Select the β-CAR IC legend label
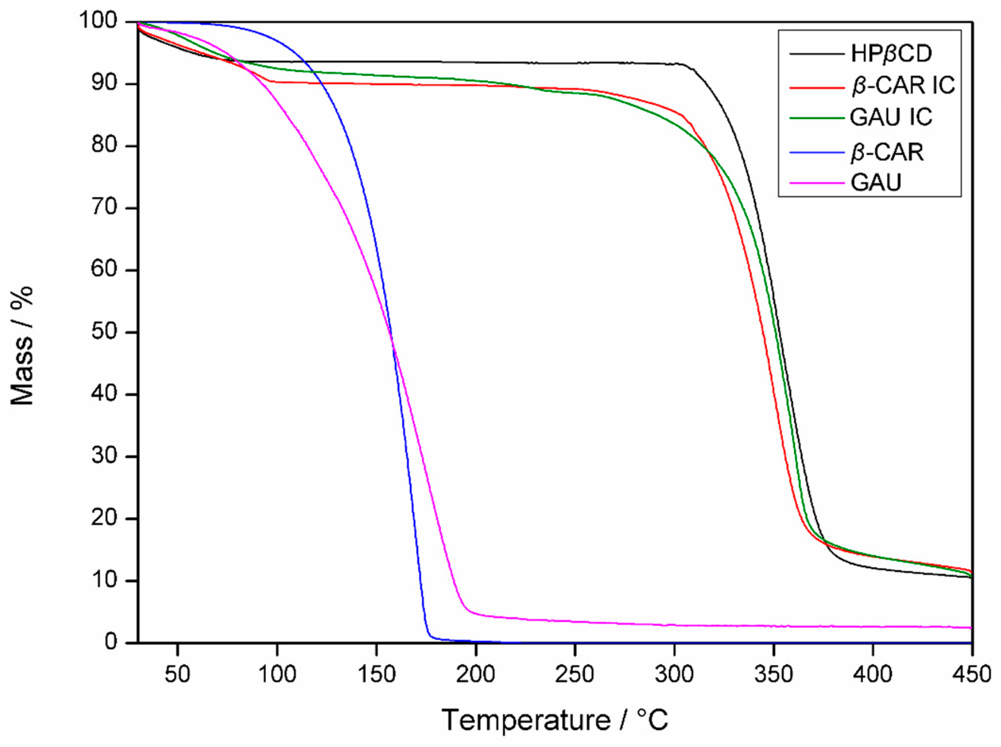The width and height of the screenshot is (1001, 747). [x=902, y=85]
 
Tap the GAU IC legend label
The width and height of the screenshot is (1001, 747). [x=891, y=117]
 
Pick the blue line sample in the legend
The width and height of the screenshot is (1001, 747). [x=816, y=152]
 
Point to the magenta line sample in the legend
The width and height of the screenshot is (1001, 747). [x=816, y=183]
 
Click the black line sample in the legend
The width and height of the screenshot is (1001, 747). [x=816, y=54]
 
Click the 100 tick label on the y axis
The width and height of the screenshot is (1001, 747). [x=105, y=21]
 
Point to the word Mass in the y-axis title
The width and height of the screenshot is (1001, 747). [x=23, y=380]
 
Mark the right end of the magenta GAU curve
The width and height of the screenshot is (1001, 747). [x=971, y=627]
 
